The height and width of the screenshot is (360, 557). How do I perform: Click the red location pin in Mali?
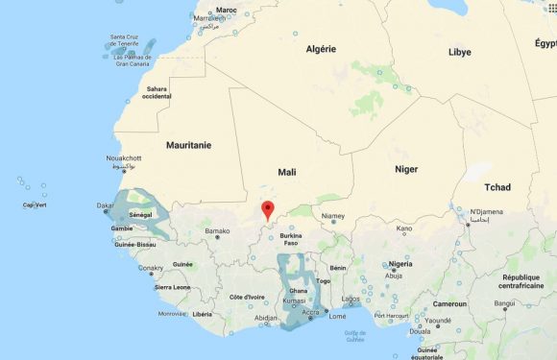269,209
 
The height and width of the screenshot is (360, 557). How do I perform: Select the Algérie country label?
320,49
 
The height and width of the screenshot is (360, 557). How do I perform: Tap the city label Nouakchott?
123,158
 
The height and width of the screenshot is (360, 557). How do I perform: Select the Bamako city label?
217,231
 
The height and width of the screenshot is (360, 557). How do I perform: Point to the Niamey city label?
332,216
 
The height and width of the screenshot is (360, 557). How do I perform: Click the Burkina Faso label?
290,239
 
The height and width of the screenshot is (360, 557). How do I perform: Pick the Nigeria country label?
400,263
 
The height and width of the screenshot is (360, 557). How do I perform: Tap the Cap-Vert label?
36,204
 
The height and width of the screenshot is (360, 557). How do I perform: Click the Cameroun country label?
449,303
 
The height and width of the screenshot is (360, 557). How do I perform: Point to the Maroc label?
227,11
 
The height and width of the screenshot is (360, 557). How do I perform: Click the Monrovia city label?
172,313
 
